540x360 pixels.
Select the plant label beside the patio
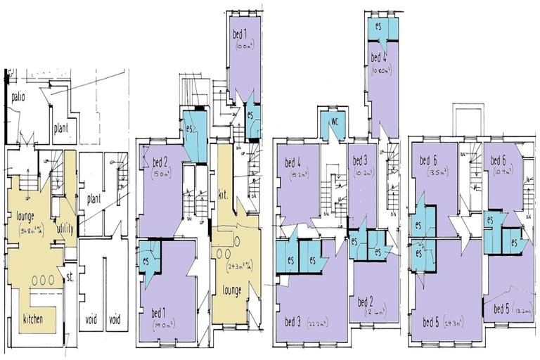(x=61, y=129)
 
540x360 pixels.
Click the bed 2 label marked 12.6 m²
(x=366, y=302)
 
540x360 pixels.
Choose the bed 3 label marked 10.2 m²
(x=361, y=160)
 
